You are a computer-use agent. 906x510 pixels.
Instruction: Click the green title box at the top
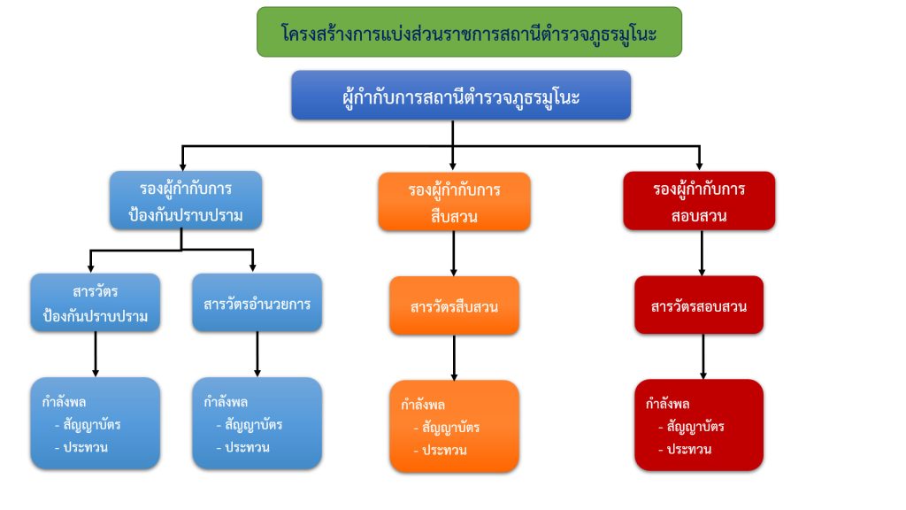pyautogui.click(x=469, y=32)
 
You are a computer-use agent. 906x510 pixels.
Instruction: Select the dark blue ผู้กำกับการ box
pyautogui.click(x=461, y=96)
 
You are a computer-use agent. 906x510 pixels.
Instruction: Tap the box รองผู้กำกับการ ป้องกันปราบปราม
pyautogui.click(x=186, y=200)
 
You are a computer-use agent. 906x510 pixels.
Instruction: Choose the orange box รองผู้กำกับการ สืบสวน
pyautogui.click(x=454, y=202)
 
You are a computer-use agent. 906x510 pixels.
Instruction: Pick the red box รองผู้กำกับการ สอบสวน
pyautogui.click(x=699, y=201)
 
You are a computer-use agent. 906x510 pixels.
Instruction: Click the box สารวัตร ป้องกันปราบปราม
pyautogui.click(x=96, y=303)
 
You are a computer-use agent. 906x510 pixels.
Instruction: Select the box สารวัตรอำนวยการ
pyautogui.click(x=257, y=303)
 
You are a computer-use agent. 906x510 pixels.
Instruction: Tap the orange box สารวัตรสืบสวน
pyautogui.click(x=454, y=305)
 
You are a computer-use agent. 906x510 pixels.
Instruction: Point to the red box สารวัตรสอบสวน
pyautogui.click(x=699, y=305)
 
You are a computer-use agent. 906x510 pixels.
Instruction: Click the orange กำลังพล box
pyautogui.click(x=454, y=426)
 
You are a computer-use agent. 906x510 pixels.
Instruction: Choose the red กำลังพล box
pyautogui.click(x=699, y=425)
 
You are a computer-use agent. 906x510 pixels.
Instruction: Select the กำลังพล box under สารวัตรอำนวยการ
pyautogui.click(x=257, y=422)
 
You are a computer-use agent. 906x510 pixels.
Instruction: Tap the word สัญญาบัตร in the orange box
pyautogui.click(x=450, y=428)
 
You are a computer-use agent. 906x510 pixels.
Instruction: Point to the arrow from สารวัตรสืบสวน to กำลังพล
pyautogui.click(x=454, y=358)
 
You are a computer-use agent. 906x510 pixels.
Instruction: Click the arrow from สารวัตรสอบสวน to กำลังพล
pyautogui.click(x=703, y=356)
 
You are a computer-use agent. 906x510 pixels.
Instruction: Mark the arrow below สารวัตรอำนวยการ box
pyautogui.click(x=257, y=354)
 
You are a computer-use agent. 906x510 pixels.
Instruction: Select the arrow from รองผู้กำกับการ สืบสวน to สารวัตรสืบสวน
pyautogui.click(x=454, y=254)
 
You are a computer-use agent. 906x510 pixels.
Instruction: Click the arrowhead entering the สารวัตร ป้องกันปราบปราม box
pyautogui.click(x=91, y=268)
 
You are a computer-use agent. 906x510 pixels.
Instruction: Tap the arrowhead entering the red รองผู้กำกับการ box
pyautogui.click(x=700, y=166)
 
